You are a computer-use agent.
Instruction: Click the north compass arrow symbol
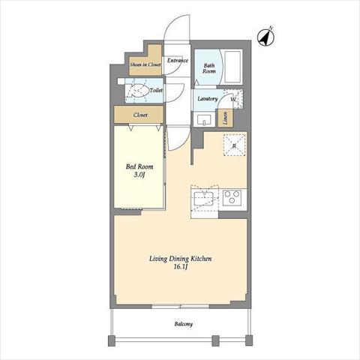point(265,37)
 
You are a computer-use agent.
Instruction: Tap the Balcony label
point(184,324)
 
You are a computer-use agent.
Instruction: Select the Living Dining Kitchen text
point(180,259)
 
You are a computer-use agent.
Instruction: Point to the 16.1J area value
point(181,267)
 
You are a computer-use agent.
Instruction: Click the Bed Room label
point(139,166)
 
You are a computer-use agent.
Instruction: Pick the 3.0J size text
point(139,175)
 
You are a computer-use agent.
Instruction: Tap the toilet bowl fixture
point(138,90)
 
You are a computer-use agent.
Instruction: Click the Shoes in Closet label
point(145,64)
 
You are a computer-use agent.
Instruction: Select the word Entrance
point(178,60)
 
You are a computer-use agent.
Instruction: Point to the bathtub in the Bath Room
point(233,67)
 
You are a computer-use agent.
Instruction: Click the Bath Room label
point(209,68)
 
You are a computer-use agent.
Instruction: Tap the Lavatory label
point(208,99)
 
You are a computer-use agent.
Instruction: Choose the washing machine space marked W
point(233,99)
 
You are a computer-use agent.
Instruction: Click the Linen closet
point(226,118)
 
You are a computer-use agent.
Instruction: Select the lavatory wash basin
point(204,120)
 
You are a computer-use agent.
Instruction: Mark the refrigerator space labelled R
point(234,145)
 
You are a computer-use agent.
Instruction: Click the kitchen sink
point(204,198)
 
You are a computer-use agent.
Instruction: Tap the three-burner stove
point(232,197)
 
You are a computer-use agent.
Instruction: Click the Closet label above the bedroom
point(140,115)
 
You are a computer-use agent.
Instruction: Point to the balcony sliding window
point(181,306)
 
